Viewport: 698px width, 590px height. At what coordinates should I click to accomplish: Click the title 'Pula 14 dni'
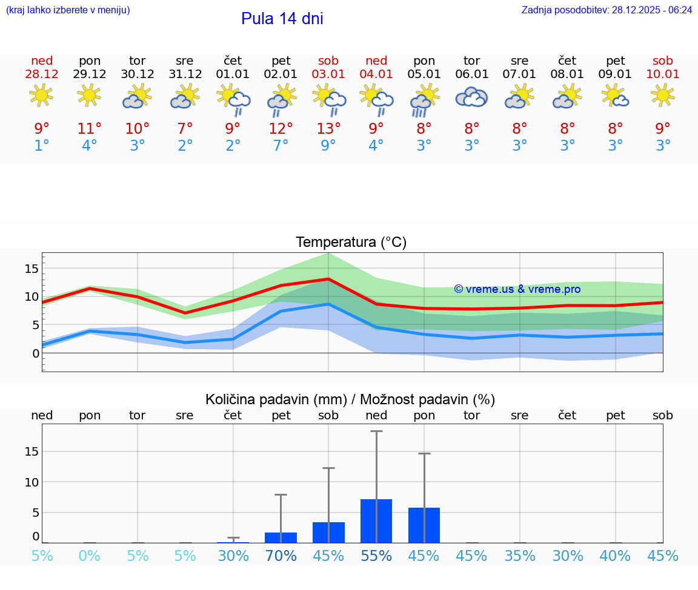click(x=282, y=19)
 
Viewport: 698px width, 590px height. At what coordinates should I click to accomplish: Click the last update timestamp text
click(x=607, y=10)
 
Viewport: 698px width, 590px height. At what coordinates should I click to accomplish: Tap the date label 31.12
click(x=185, y=74)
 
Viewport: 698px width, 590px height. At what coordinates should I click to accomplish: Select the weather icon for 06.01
click(x=471, y=97)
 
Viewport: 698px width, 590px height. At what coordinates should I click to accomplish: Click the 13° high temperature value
click(x=328, y=129)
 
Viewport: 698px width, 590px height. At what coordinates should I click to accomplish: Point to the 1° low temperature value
click(x=42, y=146)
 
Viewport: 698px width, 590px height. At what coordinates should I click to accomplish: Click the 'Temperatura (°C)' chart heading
click(x=351, y=243)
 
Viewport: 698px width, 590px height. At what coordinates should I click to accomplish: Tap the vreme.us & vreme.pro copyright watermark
click(x=517, y=289)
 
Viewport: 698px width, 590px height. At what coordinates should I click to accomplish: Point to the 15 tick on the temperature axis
click(x=32, y=268)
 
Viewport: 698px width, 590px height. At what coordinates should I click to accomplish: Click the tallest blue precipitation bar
click(x=376, y=521)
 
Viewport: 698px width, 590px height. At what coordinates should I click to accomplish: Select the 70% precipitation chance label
click(x=281, y=556)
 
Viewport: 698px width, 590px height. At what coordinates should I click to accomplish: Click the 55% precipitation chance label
click(x=376, y=556)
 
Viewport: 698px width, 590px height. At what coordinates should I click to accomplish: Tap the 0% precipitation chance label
click(x=90, y=556)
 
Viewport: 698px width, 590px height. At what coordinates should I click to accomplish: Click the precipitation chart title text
click(x=350, y=399)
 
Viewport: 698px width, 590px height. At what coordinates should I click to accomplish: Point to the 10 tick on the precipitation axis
click(x=32, y=482)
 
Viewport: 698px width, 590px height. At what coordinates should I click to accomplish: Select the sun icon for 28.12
click(x=41, y=96)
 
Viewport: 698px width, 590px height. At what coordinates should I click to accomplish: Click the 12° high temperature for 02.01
click(x=281, y=129)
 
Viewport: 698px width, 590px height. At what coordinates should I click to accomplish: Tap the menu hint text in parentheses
click(x=68, y=10)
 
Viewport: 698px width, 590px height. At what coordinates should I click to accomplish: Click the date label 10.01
click(x=663, y=74)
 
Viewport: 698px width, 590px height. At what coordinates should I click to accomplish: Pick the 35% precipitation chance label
click(x=520, y=556)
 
